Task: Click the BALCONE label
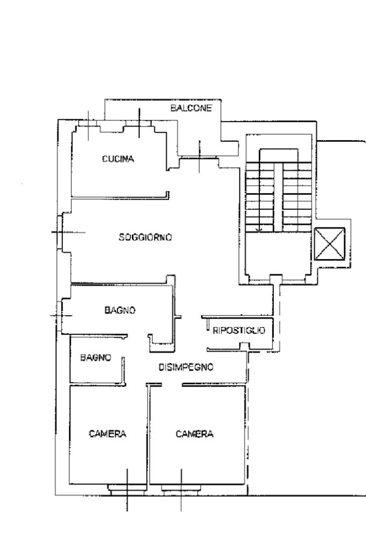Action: (191, 108)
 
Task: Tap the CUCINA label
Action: (118, 158)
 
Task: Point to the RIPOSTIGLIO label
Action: (239, 330)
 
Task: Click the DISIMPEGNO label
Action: (186, 367)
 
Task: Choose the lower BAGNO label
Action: (95, 357)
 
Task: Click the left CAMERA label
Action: (107, 434)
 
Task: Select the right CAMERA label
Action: (194, 434)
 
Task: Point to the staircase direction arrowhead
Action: (259, 230)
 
